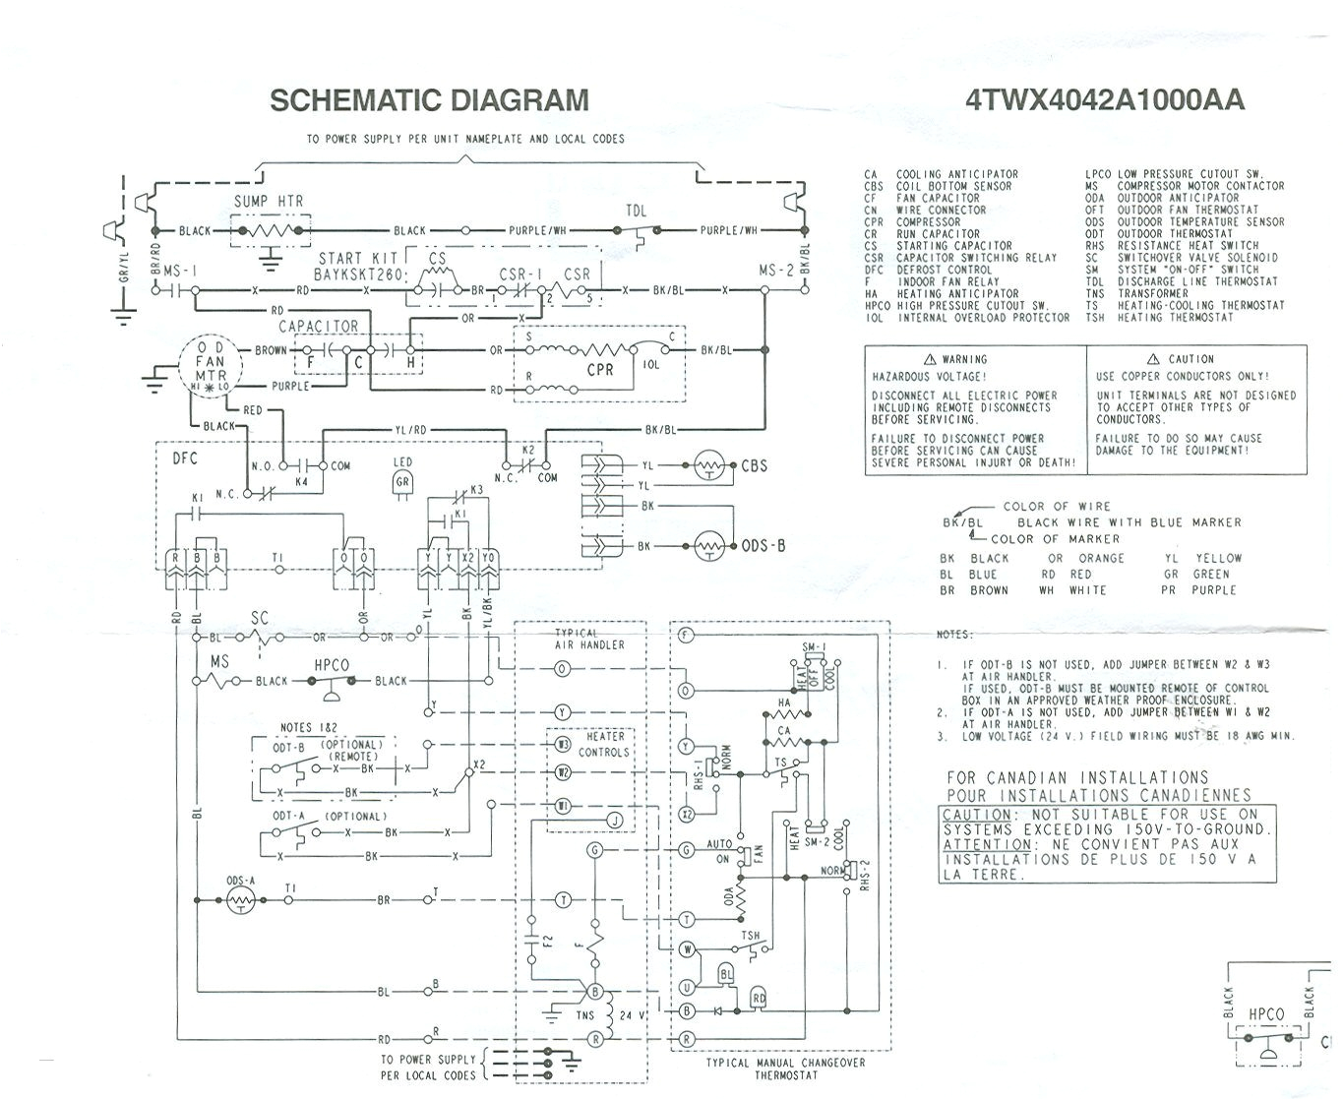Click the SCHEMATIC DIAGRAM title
pos(429,100)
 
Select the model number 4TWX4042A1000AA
pos(1104,100)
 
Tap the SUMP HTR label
pos(268,202)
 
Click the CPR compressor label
pos(599,370)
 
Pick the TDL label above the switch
pos(637,212)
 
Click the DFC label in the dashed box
pos(186,458)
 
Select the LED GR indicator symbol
pos(402,481)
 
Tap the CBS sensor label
pos(754,465)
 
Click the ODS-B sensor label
pos(763,546)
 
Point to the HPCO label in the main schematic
pos(331,665)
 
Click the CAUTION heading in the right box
pos(1191,359)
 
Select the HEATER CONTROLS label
pos(604,744)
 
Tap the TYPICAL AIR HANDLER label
pos(589,639)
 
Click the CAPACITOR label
pos(318,327)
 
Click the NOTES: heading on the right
pos(953,635)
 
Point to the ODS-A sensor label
pos(240,881)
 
